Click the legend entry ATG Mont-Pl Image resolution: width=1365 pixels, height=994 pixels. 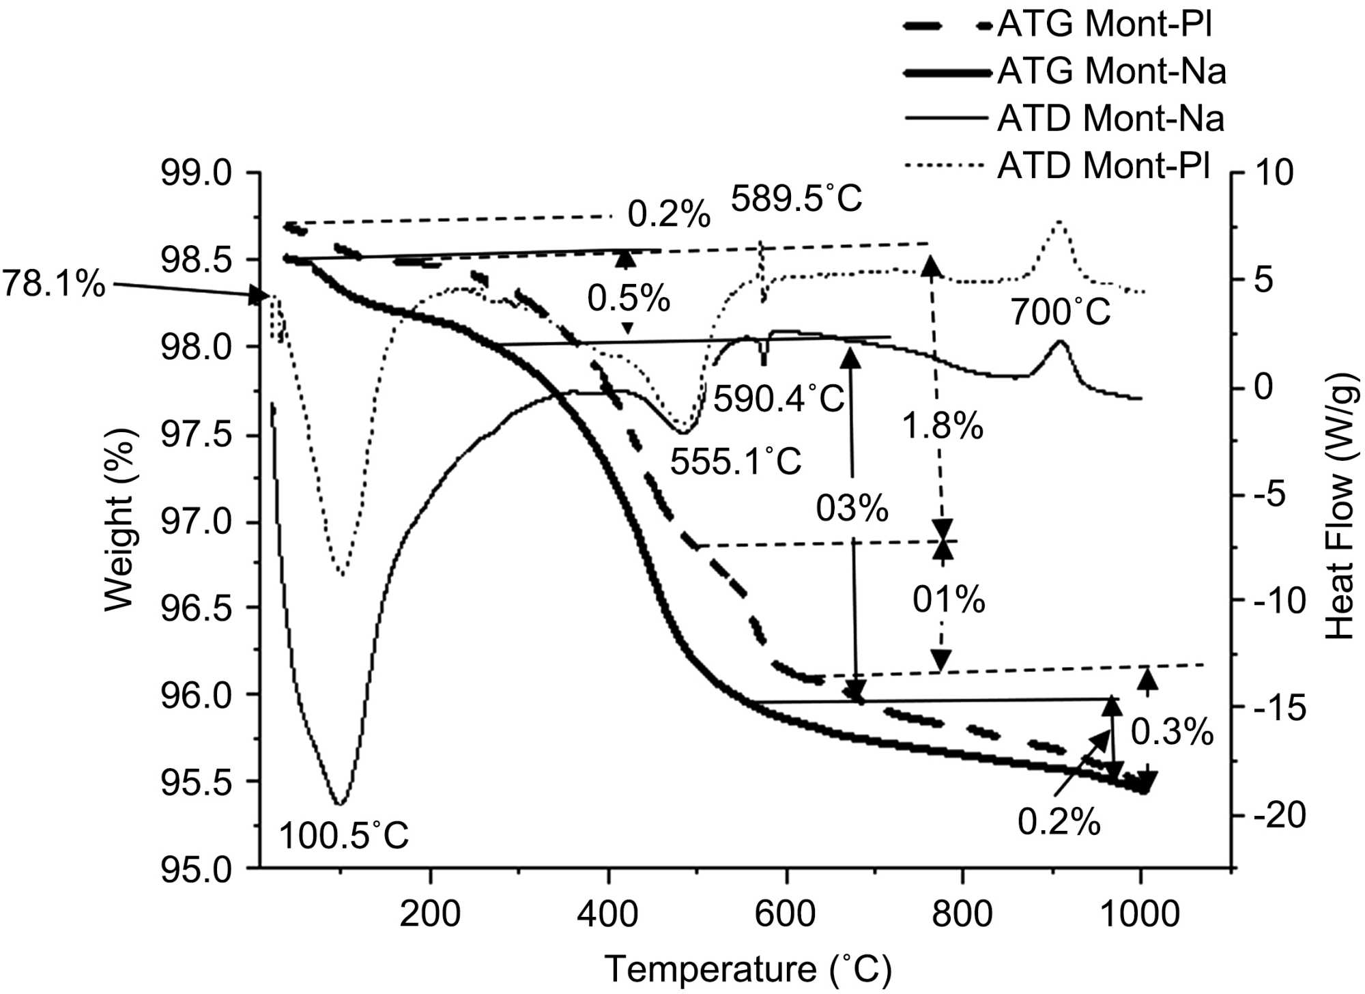pyautogui.click(x=1104, y=25)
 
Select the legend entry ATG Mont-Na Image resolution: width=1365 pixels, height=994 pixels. pyautogui.click(x=1111, y=72)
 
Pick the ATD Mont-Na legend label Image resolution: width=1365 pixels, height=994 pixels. pyautogui.click(x=1110, y=119)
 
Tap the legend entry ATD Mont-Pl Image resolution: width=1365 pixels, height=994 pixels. pyautogui.click(x=1104, y=166)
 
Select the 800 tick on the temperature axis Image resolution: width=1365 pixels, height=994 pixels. pyautogui.click(x=962, y=913)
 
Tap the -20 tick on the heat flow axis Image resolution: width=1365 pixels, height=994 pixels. pyautogui.click(x=1280, y=815)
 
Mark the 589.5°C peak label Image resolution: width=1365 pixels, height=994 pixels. pyautogui.click(x=796, y=199)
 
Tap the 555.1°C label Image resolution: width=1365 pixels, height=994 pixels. pyautogui.click(x=735, y=462)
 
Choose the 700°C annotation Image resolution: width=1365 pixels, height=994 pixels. pyautogui.click(x=1061, y=313)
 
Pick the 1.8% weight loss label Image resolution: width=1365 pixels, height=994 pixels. pyautogui.click(x=943, y=427)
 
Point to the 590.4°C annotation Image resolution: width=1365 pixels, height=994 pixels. pyautogui.click(x=779, y=399)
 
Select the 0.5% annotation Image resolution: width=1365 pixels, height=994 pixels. pyautogui.click(x=629, y=298)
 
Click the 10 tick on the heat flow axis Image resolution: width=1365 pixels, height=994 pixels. pyautogui.click(x=1274, y=173)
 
